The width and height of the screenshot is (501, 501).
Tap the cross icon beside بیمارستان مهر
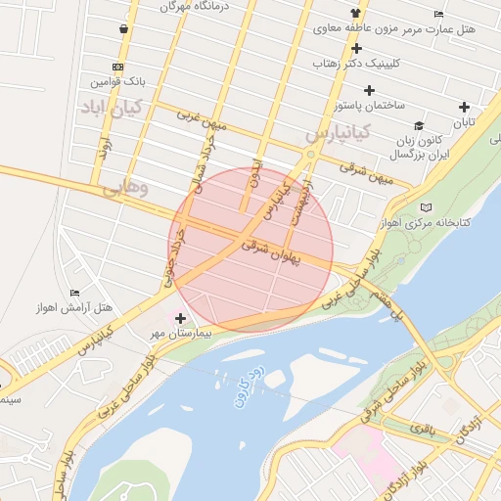(180, 318)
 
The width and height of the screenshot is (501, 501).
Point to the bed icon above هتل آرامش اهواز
(75, 293)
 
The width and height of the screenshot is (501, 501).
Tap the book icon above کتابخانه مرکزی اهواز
(425, 207)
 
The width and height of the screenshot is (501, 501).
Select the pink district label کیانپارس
(336, 130)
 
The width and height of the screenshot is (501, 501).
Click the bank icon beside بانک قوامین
(117, 67)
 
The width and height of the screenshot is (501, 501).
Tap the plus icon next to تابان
(464, 107)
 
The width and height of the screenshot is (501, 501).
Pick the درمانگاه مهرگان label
(202, 7)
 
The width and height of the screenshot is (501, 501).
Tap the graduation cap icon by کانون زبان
(419, 125)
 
